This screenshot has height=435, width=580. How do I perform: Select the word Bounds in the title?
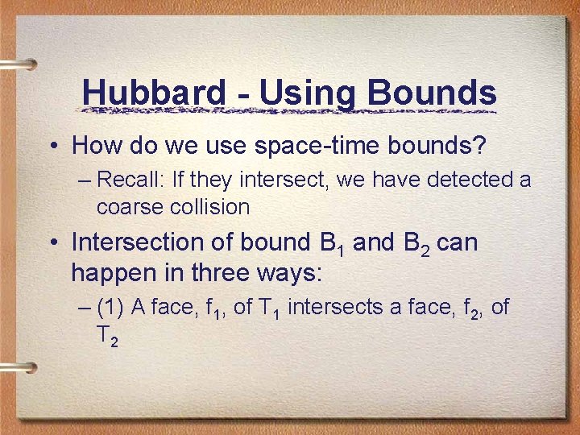click(432, 93)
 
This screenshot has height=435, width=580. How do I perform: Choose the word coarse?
click(129, 207)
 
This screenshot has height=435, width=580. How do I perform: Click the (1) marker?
click(109, 307)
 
